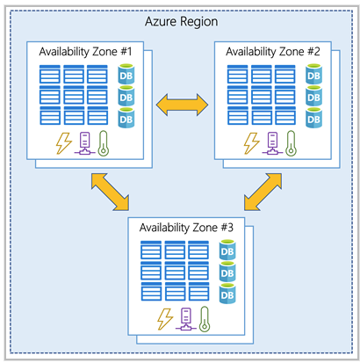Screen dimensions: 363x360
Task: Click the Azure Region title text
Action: pos(179,20)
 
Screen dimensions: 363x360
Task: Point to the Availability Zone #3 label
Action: pos(187,225)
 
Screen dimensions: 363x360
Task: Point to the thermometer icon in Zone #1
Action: pos(106,142)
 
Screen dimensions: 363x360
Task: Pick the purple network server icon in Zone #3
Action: pos(184,317)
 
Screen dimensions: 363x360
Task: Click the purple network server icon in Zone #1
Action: pos(84,142)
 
